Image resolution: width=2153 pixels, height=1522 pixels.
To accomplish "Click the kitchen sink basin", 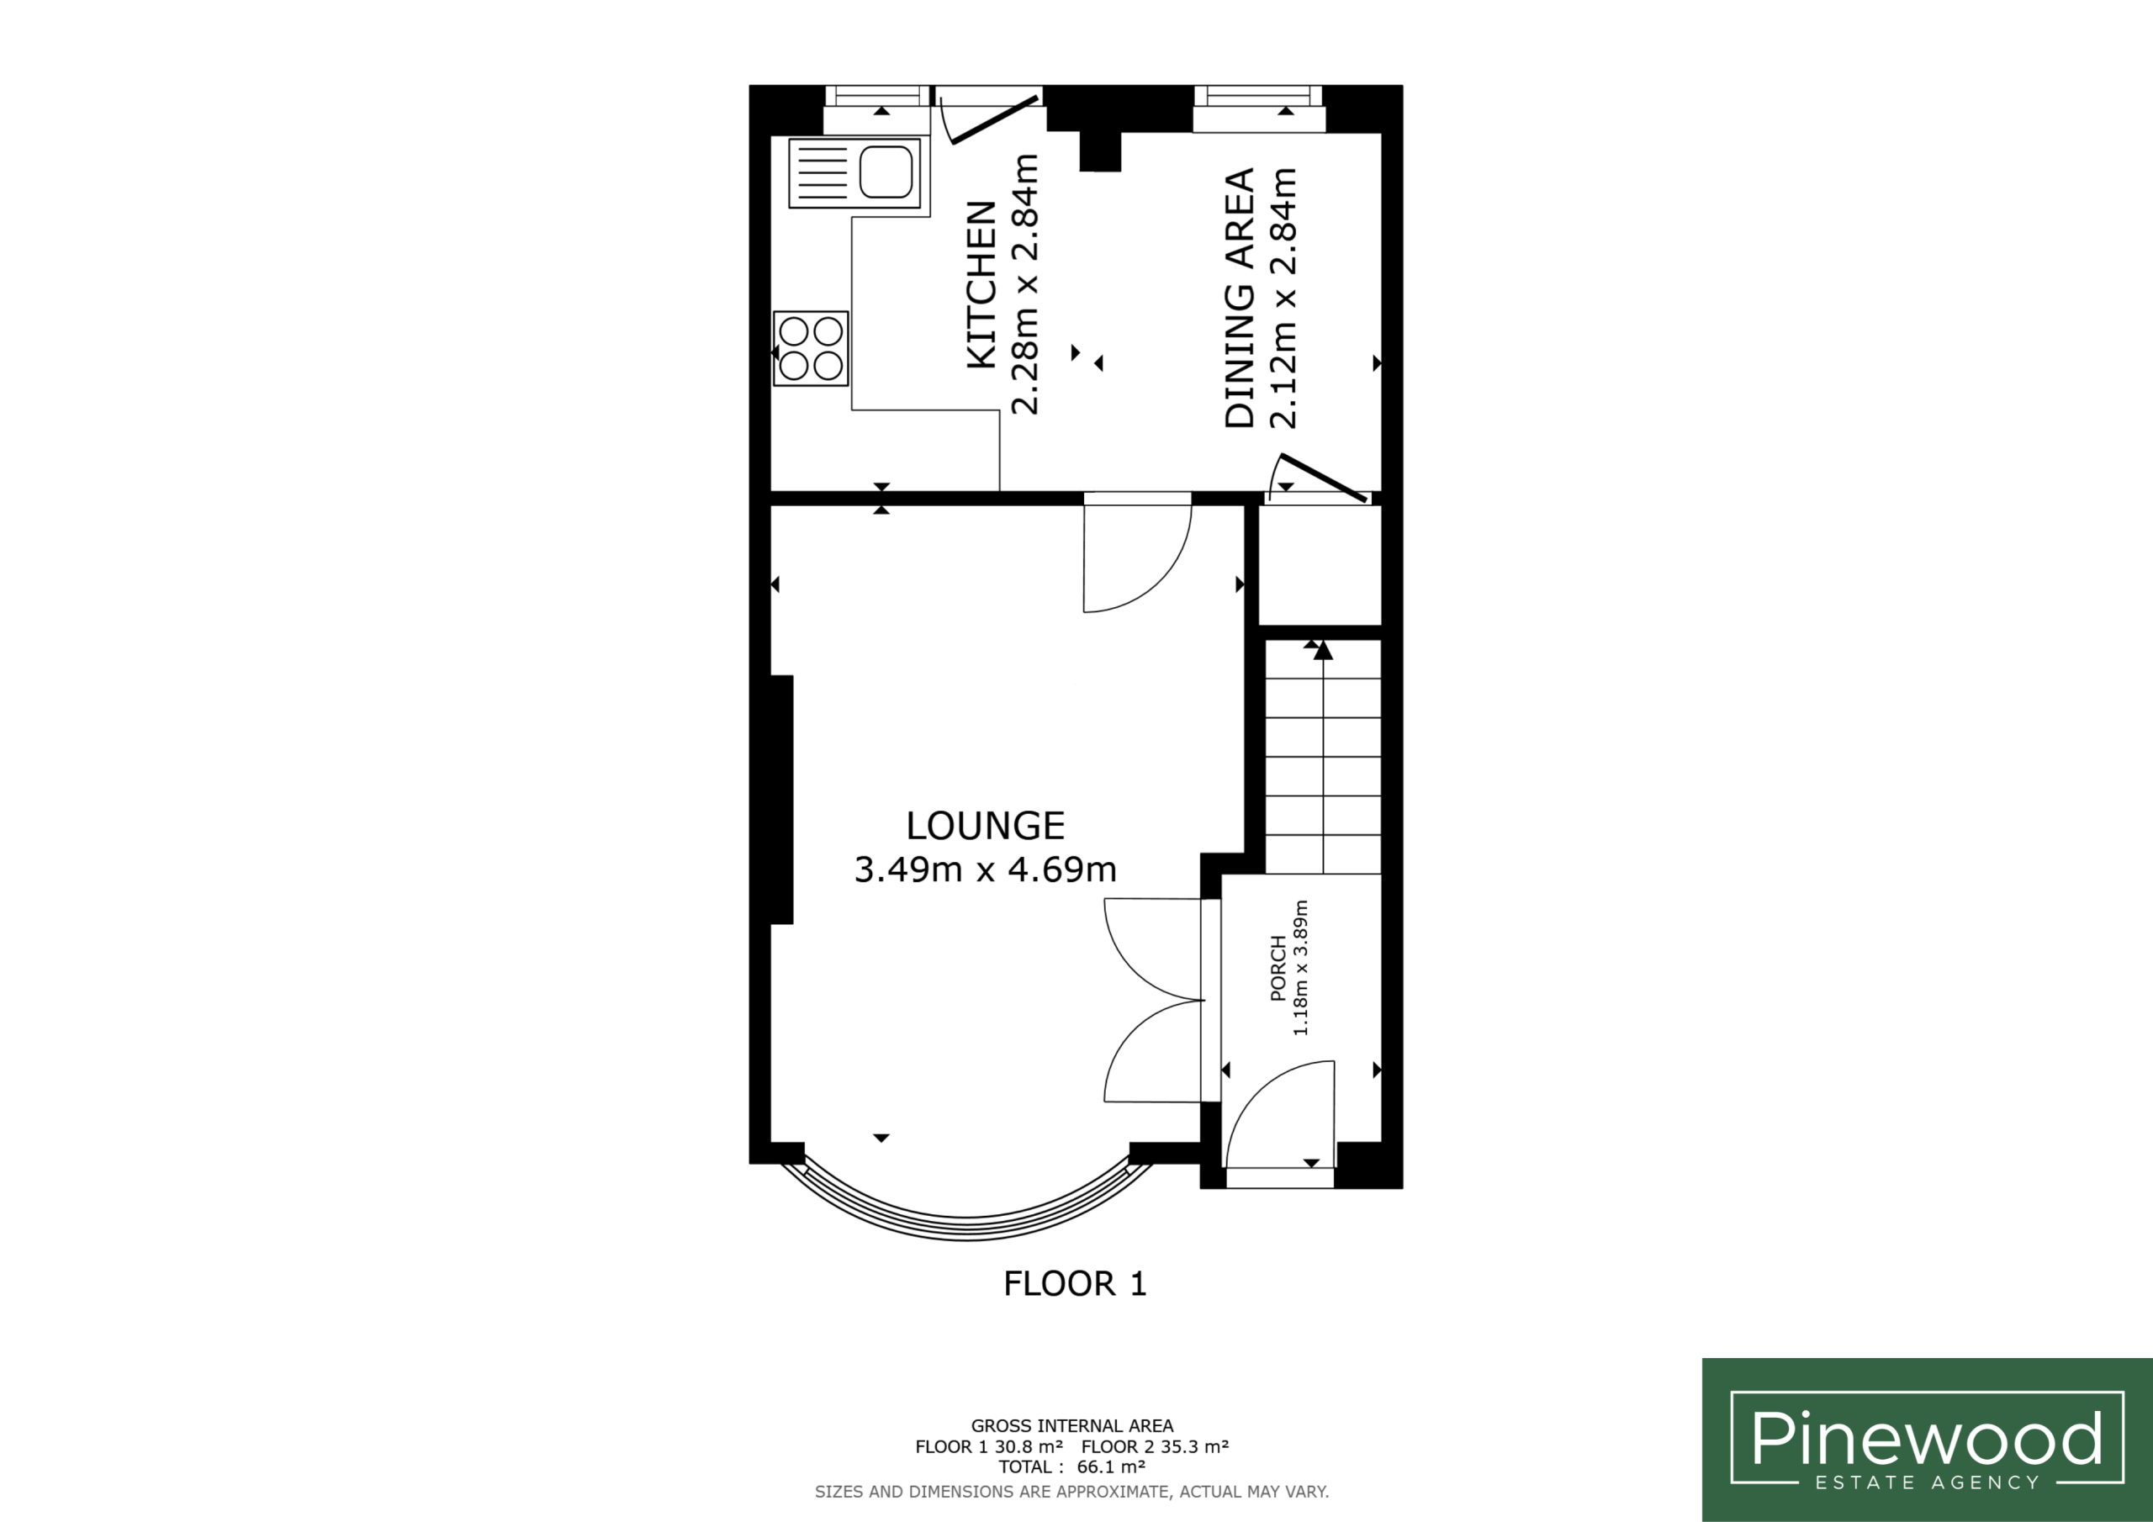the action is click(x=886, y=172).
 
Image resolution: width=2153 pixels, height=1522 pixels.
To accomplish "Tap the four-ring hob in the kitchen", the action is click(x=811, y=348).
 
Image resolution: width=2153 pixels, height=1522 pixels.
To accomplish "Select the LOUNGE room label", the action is click(x=986, y=825).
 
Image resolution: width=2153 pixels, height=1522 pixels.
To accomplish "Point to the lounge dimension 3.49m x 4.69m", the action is click(x=986, y=869).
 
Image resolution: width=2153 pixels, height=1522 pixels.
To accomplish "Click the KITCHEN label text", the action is click(x=981, y=284).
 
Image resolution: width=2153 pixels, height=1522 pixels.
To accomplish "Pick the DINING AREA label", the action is click(x=1240, y=299).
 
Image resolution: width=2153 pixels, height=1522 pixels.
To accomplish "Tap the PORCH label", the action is click(x=1278, y=968).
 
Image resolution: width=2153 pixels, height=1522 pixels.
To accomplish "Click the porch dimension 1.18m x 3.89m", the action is click(x=1300, y=968).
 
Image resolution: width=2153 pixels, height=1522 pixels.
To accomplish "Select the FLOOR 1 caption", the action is click(x=1076, y=1284).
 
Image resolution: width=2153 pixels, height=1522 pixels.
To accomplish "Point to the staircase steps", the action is click(x=1323, y=757).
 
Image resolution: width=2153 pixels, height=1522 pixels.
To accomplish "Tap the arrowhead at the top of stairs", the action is click(x=1323, y=650).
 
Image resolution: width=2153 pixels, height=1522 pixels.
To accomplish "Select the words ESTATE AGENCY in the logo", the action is click(x=1927, y=1482).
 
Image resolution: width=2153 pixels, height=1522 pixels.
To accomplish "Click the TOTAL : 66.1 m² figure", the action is click(x=1071, y=1467).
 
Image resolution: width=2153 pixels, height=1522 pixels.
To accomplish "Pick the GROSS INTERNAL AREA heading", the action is click(x=1071, y=1426).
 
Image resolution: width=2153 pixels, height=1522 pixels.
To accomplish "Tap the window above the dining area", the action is click(x=1258, y=108).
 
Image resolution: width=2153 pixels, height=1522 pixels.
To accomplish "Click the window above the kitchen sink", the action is click(x=877, y=108).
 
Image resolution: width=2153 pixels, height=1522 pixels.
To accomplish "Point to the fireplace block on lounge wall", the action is click(x=782, y=800).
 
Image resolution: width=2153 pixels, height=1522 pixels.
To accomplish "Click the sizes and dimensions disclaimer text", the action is click(x=1071, y=1492).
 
